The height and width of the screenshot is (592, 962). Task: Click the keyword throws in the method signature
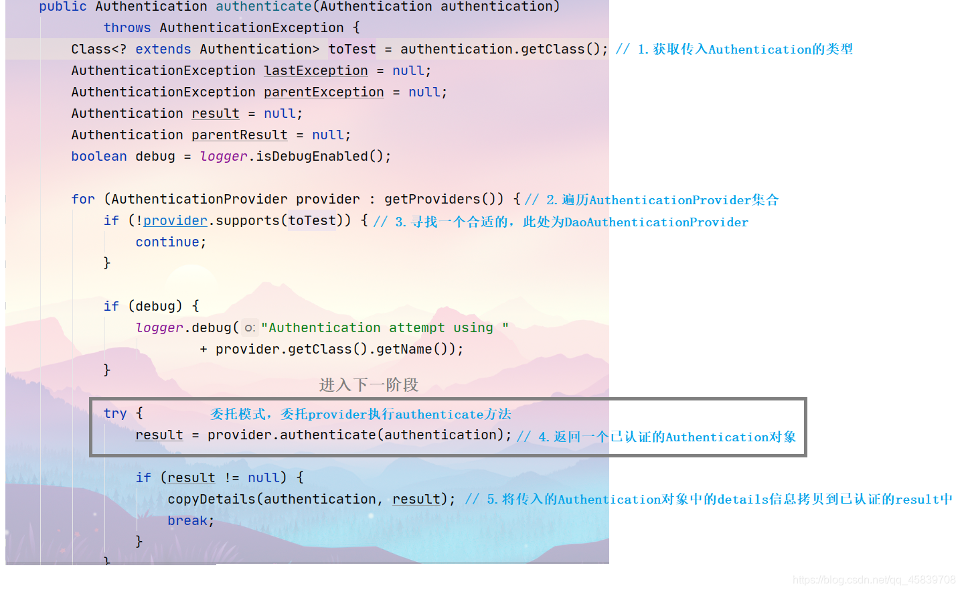(127, 27)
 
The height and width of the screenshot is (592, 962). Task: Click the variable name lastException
(315, 70)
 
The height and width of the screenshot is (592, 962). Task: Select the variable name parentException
(323, 92)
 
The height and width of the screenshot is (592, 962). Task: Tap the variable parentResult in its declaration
(239, 135)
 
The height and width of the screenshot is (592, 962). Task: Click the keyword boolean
(98, 156)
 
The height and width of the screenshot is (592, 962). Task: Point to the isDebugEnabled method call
(312, 156)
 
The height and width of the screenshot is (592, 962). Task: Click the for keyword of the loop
(83, 199)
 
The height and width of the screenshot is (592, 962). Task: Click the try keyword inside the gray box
(114, 413)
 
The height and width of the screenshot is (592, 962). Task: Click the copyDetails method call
(212, 499)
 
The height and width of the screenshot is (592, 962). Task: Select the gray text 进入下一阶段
(368, 384)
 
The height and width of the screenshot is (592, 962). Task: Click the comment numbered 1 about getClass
(734, 49)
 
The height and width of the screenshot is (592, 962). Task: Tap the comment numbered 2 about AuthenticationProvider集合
(652, 200)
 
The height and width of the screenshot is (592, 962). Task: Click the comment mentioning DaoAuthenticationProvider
(561, 222)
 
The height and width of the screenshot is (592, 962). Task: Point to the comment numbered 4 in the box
(657, 437)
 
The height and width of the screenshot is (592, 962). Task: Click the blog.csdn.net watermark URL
(874, 580)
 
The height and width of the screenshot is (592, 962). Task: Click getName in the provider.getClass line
(404, 349)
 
